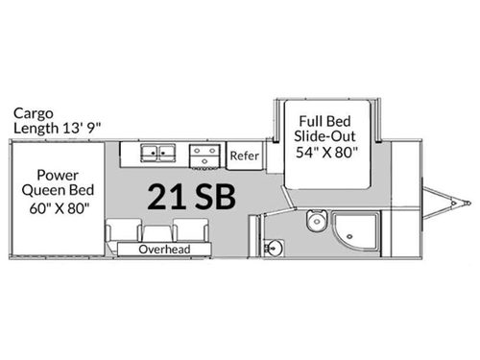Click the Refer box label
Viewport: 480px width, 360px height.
pos(244,154)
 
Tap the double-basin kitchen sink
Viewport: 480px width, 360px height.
pos(160,153)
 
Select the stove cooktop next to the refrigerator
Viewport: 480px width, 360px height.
pos(204,153)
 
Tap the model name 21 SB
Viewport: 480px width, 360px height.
pos(193,195)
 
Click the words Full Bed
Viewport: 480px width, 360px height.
pos(323,123)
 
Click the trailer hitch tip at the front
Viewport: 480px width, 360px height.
pos(468,203)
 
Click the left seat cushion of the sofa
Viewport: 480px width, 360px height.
pos(124,230)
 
